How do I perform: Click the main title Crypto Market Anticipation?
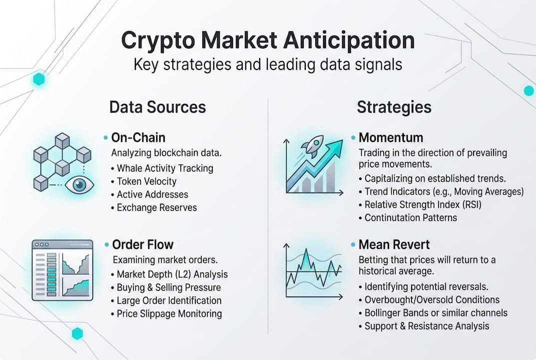[268, 41]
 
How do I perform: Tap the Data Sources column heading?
[157, 107]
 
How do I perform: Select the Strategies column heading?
[394, 107]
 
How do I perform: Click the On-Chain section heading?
[138, 137]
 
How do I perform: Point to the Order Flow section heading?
[142, 244]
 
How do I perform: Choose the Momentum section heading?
[391, 137]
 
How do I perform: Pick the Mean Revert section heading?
[394, 244]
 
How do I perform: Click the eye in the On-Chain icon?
[79, 185]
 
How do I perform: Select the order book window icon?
[62, 270]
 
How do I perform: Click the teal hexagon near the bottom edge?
[77, 333]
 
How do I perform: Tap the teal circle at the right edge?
[529, 90]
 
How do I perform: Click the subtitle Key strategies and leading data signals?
[268, 64]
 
